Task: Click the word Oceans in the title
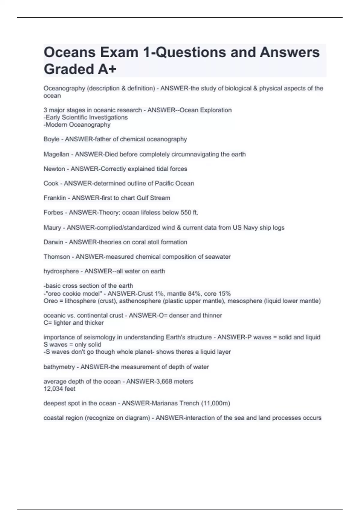coord(70,52)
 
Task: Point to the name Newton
coord(54,169)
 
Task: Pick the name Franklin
coord(55,198)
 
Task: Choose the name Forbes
coord(53,212)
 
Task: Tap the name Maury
coord(52,228)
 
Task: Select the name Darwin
coord(53,242)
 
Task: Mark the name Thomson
coord(57,257)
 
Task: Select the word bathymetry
coord(59,367)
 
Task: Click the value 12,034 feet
coord(59,389)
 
